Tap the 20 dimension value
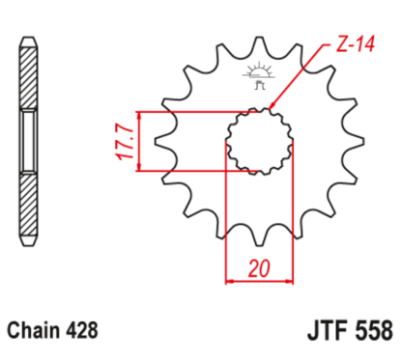click(258, 268)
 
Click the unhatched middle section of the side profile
click(29, 141)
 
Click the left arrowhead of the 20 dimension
click(230, 283)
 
